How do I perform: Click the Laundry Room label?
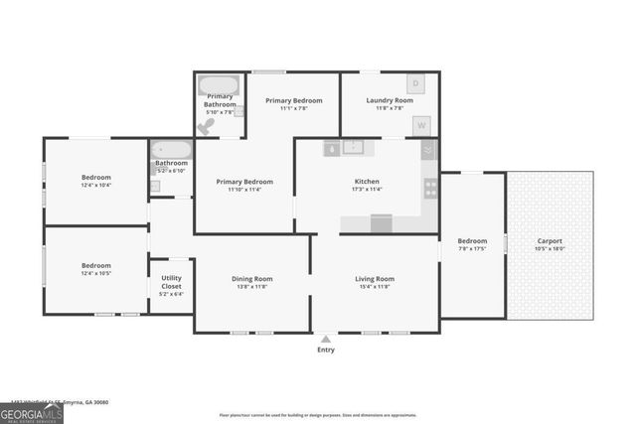pos(390,100)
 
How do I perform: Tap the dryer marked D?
pos(416,82)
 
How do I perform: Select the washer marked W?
pos(421,126)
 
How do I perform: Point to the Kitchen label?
pos(367,182)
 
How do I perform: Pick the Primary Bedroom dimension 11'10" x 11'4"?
pos(244,189)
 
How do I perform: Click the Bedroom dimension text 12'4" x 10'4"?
pos(95,186)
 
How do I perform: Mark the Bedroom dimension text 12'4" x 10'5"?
pos(95,272)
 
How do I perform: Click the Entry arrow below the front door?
pos(325,340)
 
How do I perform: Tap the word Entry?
pos(325,350)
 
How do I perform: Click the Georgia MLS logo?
pos(31,412)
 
